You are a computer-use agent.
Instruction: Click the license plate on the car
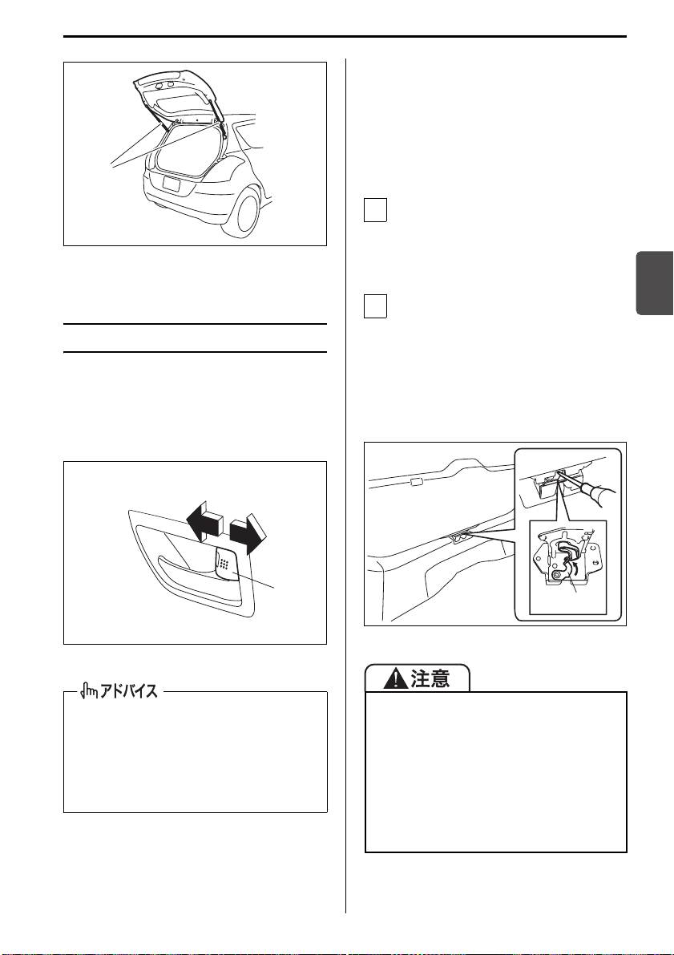(x=172, y=184)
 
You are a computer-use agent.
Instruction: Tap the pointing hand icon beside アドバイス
(x=89, y=691)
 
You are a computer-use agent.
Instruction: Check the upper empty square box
(x=375, y=210)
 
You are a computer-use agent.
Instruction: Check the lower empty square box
(x=375, y=306)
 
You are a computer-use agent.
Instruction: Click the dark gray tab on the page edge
(x=655, y=282)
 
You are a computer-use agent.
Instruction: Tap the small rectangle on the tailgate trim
(x=416, y=483)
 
